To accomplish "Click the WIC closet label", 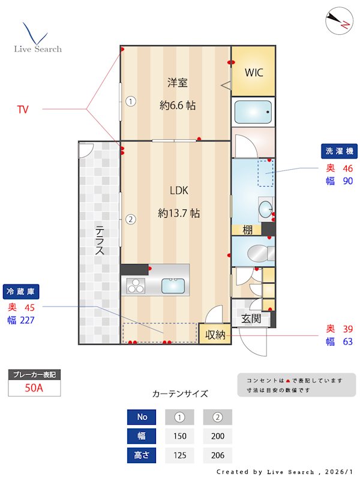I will click(253, 73).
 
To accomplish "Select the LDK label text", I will click(179, 191).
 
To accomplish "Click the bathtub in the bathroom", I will click(253, 112).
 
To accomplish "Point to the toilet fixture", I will click(254, 252).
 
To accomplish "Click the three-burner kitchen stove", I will click(134, 286).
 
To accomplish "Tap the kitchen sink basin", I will click(173, 286).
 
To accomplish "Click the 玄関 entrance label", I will click(251, 319).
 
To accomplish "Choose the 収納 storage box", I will click(215, 335).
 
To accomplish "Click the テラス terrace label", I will click(100, 240).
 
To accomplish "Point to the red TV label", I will click(23, 109).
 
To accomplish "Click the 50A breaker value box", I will click(34, 388).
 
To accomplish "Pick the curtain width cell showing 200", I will click(217, 436).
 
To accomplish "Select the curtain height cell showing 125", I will click(179, 455).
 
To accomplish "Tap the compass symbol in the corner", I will click(338, 22).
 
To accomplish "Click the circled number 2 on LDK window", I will click(130, 219).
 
